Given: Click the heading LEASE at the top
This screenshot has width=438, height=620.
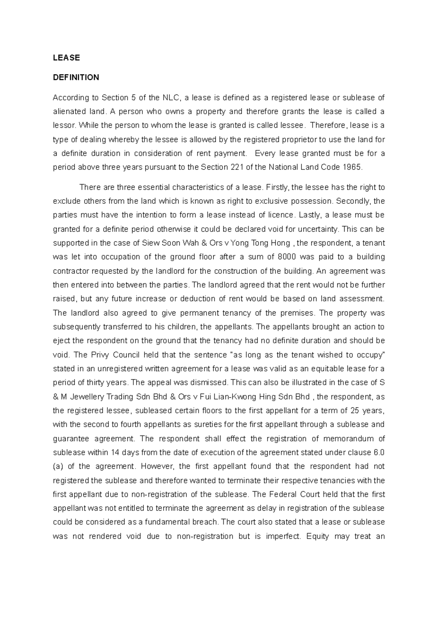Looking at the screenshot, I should pyautogui.click(x=66, y=58).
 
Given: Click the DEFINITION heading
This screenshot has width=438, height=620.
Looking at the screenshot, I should pyautogui.click(x=76, y=77).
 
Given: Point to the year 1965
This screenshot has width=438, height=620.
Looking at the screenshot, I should pyautogui.click(x=353, y=167).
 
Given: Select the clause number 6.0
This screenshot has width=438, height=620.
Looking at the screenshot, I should pyautogui.click(x=379, y=452).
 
